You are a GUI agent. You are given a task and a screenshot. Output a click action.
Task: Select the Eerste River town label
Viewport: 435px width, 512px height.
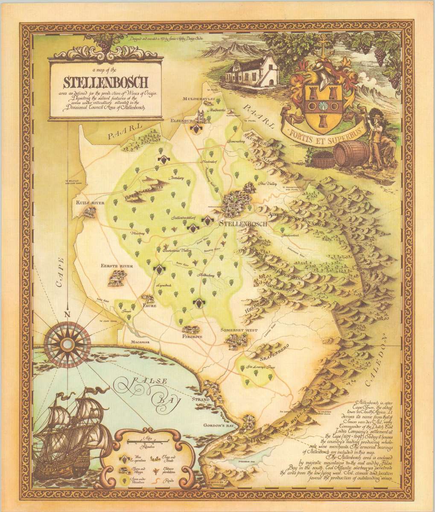click(x=111, y=266)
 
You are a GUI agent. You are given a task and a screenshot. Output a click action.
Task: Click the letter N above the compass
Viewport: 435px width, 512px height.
click(x=66, y=314)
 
